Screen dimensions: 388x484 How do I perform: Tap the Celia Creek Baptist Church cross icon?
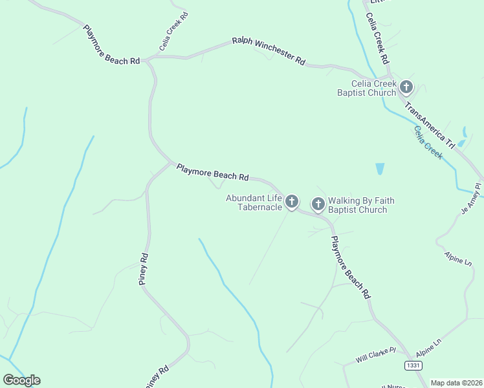pos(406,87)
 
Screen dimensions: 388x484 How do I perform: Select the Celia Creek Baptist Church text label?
pos(366,88)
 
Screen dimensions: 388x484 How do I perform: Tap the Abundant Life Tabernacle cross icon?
pos(292,202)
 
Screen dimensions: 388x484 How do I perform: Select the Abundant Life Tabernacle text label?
pos(254,202)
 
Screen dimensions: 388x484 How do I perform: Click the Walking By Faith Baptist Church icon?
pos(318,204)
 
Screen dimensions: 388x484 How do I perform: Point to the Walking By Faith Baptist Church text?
pos(360,205)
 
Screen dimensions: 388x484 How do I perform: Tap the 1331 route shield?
pos(413,365)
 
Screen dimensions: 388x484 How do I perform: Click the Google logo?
pos(21,380)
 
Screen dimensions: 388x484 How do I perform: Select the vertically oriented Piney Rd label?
pos(144,269)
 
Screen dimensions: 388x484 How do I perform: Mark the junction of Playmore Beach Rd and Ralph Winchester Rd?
pos(146,59)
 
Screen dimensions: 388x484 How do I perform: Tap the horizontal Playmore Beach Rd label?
pos(212,172)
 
